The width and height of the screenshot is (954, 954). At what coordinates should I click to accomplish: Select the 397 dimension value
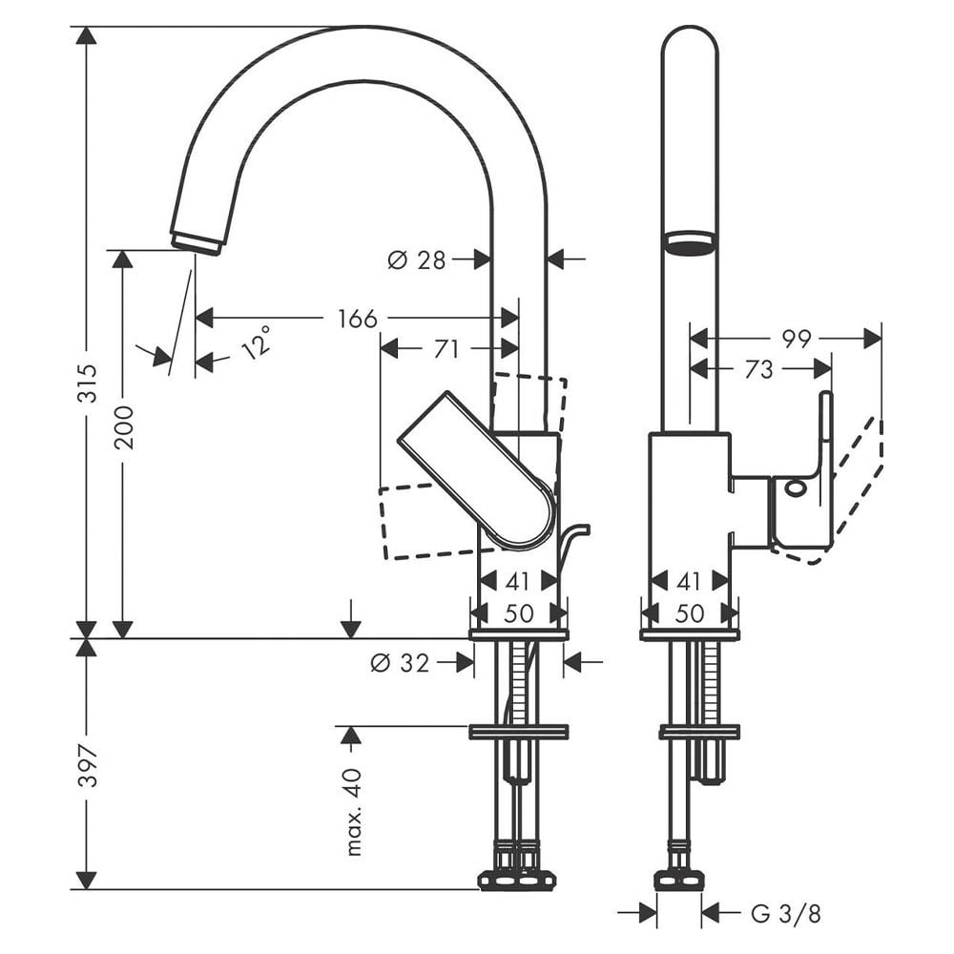(87, 766)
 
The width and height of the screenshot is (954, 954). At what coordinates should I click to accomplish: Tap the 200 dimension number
(123, 426)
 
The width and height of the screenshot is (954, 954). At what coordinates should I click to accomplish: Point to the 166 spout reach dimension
(357, 319)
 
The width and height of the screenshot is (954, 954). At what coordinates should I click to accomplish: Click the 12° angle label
(255, 342)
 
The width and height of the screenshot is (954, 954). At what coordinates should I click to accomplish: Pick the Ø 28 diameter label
(417, 259)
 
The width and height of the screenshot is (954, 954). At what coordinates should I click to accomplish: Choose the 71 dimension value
(446, 350)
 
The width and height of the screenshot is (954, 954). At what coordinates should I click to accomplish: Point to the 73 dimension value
(758, 369)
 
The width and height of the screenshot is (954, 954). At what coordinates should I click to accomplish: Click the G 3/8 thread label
(785, 914)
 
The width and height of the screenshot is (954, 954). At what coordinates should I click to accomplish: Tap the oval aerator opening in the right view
(689, 242)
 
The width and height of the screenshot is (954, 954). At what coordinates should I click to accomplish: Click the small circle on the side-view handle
(794, 491)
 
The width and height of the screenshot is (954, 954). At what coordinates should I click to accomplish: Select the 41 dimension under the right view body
(689, 581)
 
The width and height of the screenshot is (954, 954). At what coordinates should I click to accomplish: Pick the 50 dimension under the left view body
(518, 613)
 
